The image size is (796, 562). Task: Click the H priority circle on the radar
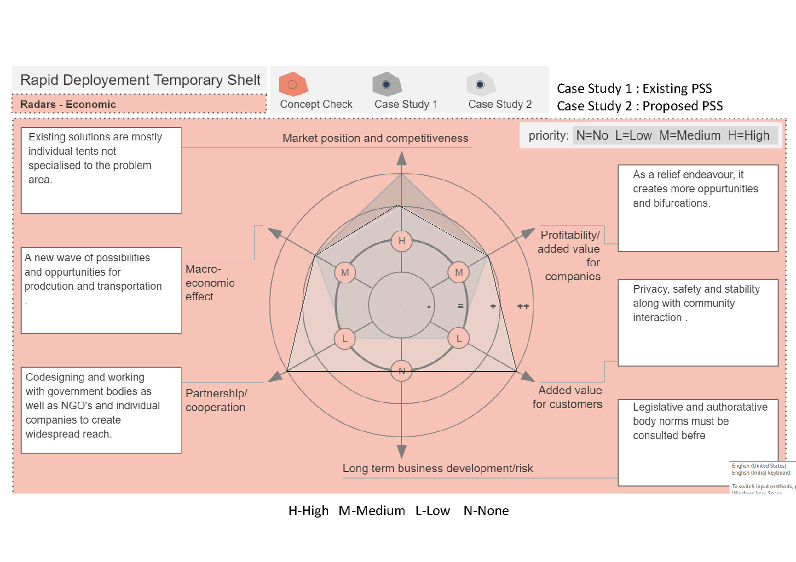(401, 241)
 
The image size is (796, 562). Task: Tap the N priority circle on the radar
(401, 371)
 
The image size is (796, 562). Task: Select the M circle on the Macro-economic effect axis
(344, 273)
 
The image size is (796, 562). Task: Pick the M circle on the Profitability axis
(458, 273)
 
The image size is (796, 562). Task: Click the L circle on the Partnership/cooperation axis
(344, 339)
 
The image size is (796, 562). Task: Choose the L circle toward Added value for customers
(458, 339)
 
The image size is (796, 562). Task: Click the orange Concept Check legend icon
(293, 84)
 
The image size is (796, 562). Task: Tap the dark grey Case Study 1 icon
(386, 84)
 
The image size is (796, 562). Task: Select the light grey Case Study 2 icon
(480, 84)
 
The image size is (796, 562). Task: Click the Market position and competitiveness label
(375, 138)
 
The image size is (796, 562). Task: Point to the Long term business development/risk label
(437, 469)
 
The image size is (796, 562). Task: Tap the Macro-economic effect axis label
(209, 283)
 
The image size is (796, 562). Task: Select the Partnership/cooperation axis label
(216, 400)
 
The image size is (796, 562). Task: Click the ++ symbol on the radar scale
(523, 306)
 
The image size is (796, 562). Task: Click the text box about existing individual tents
(101, 170)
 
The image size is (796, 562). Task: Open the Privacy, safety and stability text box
(697, 322)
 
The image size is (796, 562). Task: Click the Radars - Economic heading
(68, 104)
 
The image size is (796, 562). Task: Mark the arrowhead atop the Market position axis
(401, 158)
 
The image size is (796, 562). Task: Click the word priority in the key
(548, 136)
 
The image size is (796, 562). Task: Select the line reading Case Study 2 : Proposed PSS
(639, 106)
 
